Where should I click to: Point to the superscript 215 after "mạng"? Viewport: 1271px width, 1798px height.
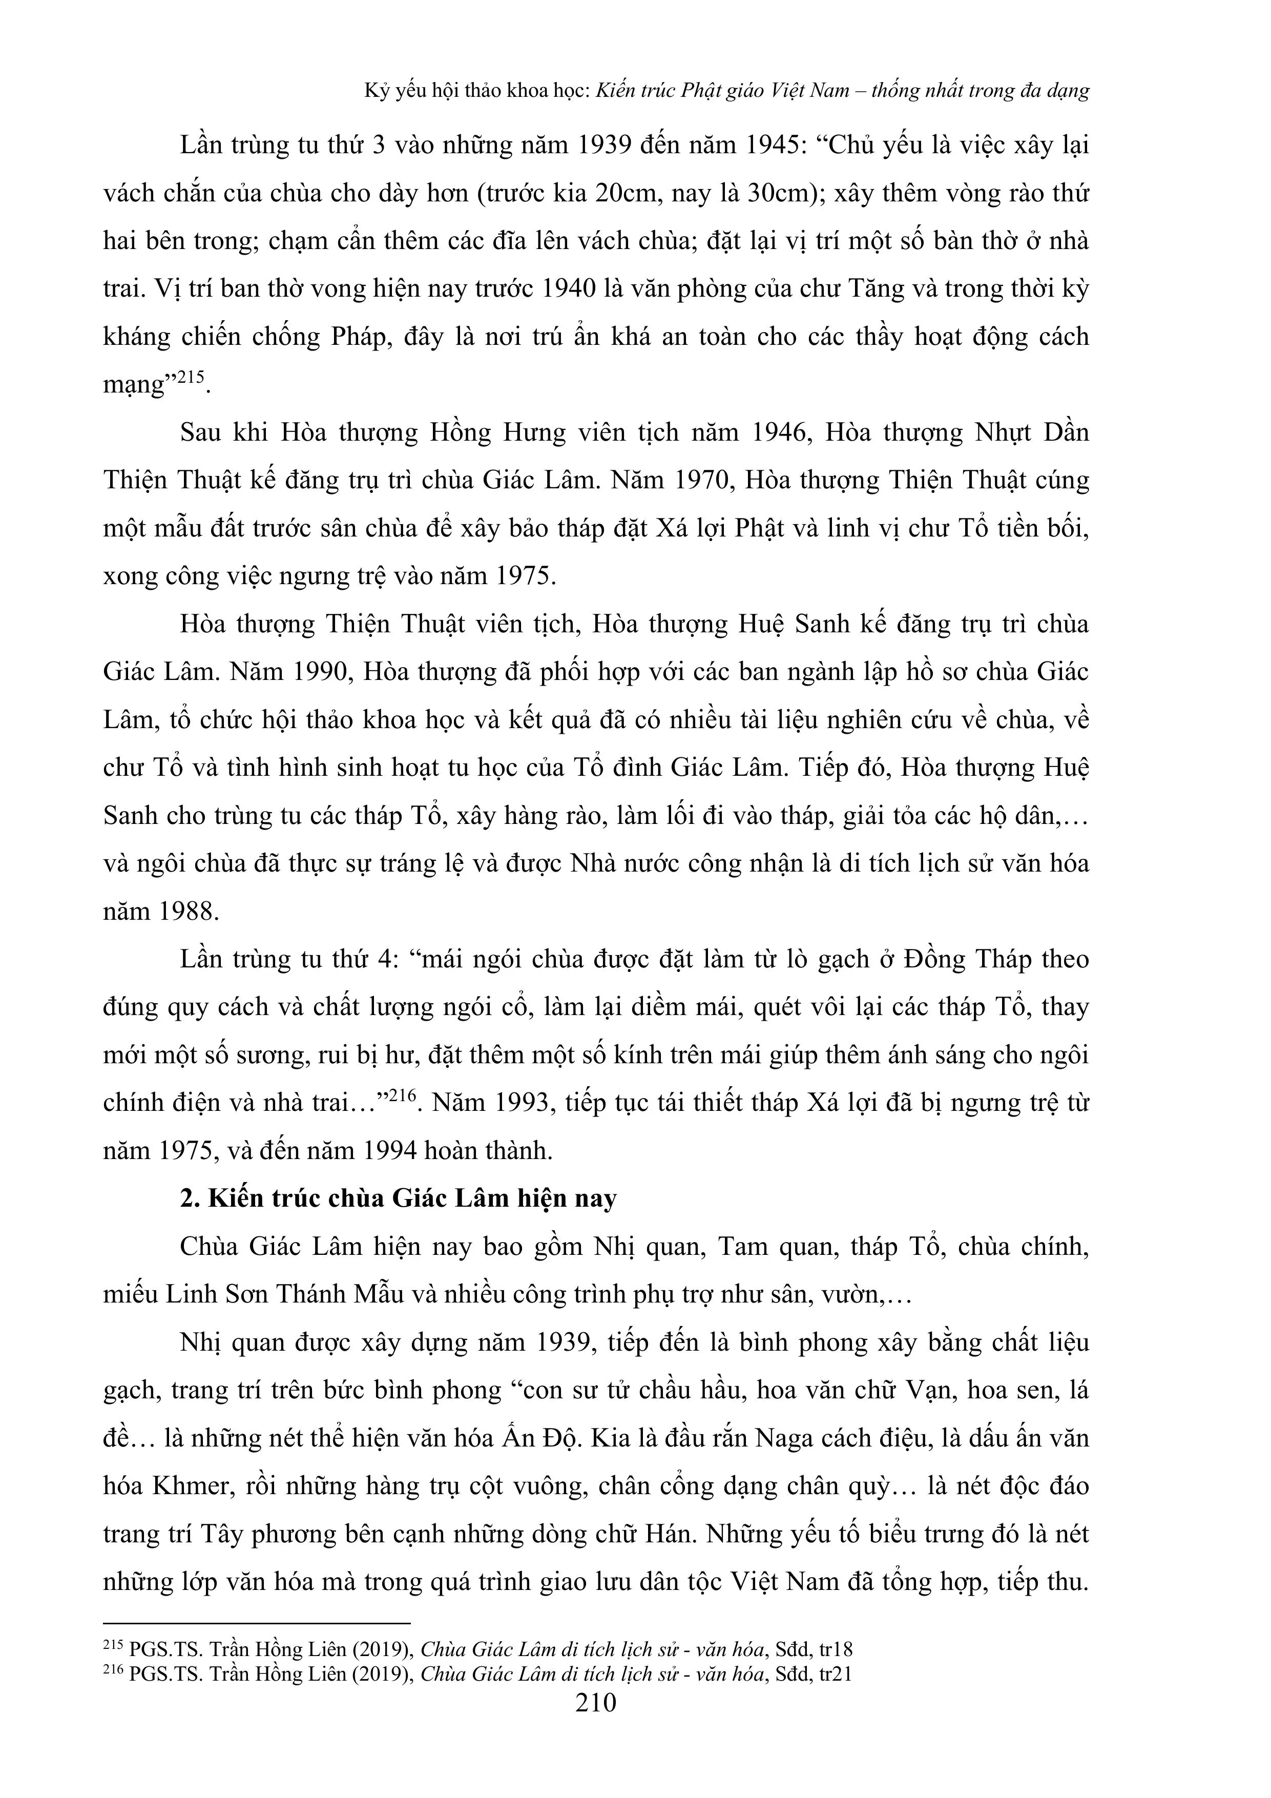(190, 378)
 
